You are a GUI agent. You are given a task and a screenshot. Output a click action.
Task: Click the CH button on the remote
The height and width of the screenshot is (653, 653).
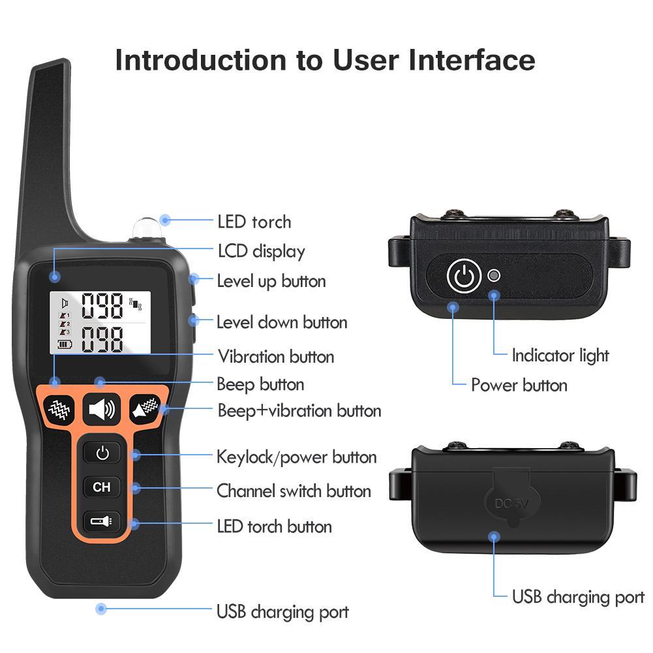[102, 487]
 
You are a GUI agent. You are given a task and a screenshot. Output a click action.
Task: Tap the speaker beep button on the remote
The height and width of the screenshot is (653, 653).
[101, 410]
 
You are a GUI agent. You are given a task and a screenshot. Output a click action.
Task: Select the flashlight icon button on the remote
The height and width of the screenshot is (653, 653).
[102, 521]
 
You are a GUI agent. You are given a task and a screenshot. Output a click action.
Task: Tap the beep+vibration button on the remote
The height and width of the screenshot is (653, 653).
[145, 410]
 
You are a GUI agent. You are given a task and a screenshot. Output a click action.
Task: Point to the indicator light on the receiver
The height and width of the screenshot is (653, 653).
[494, 275]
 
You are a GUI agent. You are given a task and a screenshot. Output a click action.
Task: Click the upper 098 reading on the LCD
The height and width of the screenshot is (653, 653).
[102, 305]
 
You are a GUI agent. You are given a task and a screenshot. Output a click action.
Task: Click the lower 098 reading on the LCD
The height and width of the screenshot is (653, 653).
[102, 339]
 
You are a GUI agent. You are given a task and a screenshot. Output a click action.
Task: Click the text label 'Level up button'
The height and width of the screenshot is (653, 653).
[271, 282]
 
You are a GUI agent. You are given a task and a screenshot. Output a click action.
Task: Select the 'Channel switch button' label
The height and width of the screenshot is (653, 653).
[294, 491]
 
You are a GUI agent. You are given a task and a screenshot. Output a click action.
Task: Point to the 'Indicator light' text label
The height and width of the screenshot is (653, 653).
[560, 356]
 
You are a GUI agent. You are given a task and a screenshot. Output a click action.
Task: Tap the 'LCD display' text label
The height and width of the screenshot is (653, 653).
[261, 251]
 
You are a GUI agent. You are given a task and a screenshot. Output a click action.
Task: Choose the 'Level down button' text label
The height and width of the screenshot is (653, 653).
[282, 322]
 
